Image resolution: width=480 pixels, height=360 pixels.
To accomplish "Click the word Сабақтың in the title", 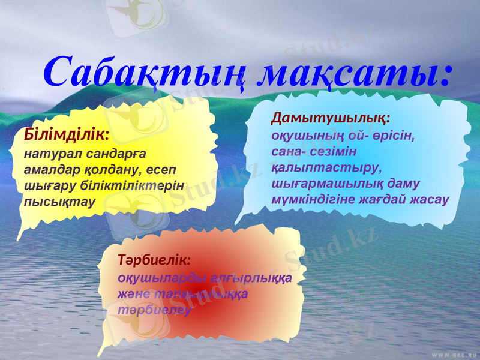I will point(145,73).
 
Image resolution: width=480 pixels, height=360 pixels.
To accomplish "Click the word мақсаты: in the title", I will point(355,73).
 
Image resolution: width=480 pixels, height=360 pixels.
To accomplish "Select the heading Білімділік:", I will point(66,133).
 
